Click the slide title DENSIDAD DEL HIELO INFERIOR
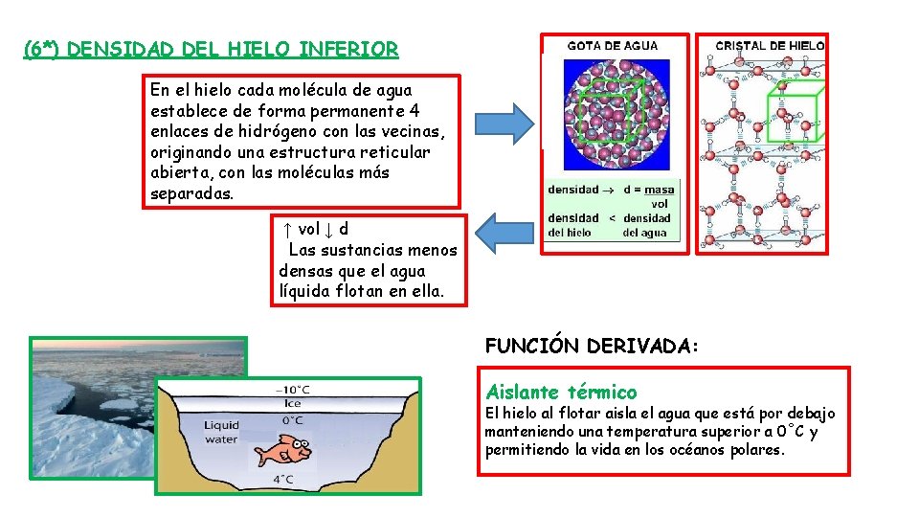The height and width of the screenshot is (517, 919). [211, 48]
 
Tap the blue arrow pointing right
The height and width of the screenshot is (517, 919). [518, 124]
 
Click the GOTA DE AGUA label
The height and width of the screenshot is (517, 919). [613, 46]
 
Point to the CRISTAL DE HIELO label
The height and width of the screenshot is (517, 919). [770, 46]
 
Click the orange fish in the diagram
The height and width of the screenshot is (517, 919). [288, 447]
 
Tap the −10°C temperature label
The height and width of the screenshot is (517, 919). [292, 390]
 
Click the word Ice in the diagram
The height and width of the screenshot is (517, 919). [292, 404]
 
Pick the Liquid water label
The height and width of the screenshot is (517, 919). [221, 433]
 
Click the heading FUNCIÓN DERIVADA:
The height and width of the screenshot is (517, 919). [594, 346]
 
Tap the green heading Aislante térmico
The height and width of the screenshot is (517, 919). [561, 392]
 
